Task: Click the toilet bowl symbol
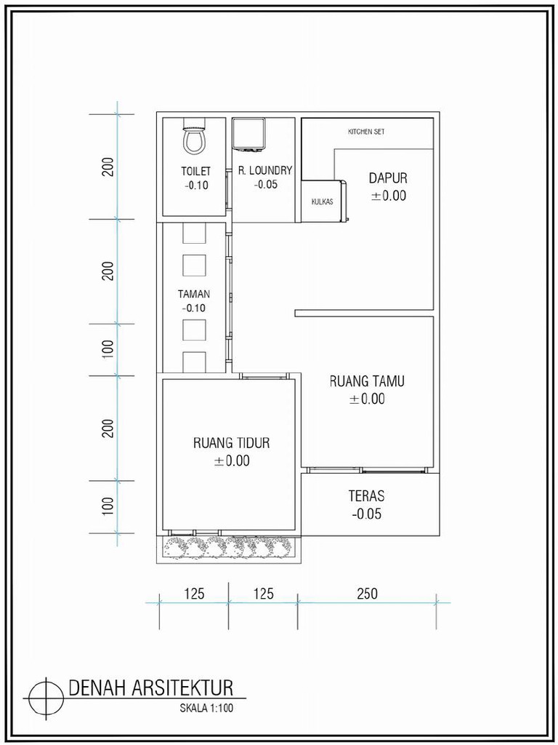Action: click(193, 138)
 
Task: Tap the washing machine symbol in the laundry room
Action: click(250, 135)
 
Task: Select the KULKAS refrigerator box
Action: click(323, 201)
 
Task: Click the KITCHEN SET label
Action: click(366, 132)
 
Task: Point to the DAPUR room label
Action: click(388, 178)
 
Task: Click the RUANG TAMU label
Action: click(367, 381)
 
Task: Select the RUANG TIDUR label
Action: click(232, 442)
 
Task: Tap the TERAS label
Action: click(366, 496)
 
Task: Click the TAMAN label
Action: click(194, 295)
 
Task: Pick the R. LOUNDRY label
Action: click(264, 171)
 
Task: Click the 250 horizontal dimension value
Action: click(368, 594)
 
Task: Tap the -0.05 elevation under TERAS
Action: click(366, 514)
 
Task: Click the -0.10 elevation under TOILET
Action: click(195, 185)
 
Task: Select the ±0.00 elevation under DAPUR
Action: click(388, 196)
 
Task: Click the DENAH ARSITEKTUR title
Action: click(150, 688)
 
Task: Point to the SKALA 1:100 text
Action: click(207, 706)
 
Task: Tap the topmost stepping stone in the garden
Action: click(194, 233)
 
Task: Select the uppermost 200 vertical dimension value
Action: click(108, 167)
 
